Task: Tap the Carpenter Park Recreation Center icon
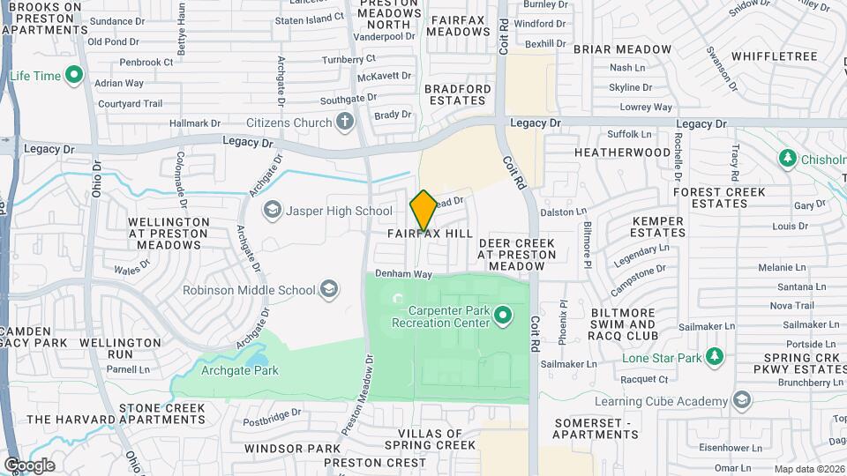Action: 503,315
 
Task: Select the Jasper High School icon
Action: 273,211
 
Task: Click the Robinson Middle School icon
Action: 328,289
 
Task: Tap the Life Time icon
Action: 75,76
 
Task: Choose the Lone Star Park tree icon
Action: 715,357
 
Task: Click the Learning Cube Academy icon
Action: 743,401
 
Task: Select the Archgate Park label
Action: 241,371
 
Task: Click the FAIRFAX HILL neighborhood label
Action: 431,234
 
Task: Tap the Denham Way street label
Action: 403,274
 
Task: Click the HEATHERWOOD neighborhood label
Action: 622,152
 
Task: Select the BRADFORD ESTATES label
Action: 457,95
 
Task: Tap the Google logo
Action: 29,465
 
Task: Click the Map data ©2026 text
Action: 809,469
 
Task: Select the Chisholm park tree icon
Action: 787,159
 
